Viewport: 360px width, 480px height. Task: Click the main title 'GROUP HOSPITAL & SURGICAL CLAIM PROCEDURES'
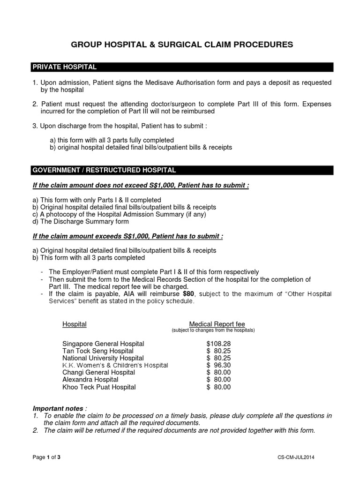click(182, 45)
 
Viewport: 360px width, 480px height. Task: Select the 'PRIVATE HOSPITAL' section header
click(64, 67)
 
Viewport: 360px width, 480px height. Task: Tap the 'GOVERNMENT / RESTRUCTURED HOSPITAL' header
click(104, 170)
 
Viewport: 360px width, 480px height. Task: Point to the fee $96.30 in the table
click(218, 365)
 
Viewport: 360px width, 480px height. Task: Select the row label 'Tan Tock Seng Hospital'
click(98, 351)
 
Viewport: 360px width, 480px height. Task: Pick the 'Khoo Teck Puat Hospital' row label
click(99, 387)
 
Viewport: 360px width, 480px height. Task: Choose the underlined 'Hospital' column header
click(75, 324)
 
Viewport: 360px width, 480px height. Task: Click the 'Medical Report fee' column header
click(217, 324)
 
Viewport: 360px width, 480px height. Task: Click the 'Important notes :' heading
click(60, 408)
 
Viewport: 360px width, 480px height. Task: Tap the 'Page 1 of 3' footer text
click(46, 457)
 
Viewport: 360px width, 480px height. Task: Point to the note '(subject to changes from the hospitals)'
click(213, 330)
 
